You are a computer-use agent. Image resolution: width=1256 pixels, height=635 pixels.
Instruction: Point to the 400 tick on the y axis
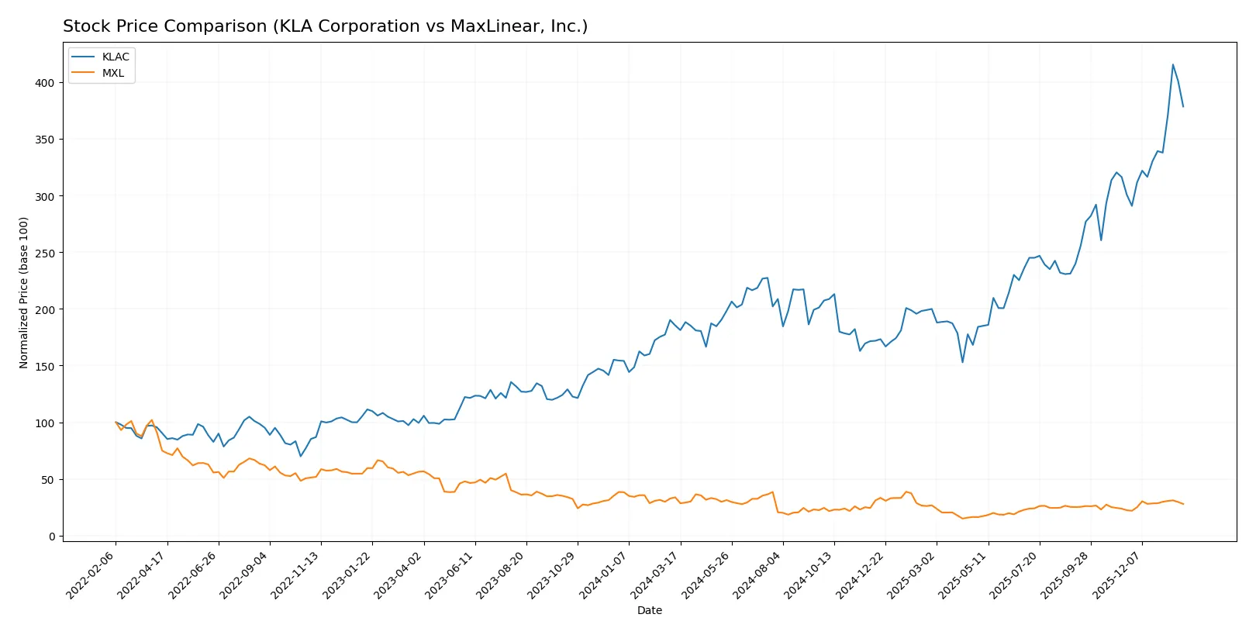44,83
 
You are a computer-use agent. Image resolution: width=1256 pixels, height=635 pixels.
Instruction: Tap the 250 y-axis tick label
44,253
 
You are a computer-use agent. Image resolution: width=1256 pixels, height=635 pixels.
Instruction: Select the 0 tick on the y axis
52,537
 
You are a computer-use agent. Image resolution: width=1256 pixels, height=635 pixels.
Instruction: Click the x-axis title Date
649,610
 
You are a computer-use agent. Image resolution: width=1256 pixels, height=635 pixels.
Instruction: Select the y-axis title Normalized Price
23,292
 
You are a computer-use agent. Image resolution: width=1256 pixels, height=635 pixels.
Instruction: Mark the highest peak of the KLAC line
1172,64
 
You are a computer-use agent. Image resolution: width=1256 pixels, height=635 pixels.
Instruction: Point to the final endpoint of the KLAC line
1183,106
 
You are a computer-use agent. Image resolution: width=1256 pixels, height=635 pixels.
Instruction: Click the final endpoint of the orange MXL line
1183,504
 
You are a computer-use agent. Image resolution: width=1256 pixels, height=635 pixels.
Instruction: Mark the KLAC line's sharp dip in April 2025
962,362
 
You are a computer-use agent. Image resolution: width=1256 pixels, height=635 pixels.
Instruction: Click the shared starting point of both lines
116,423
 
